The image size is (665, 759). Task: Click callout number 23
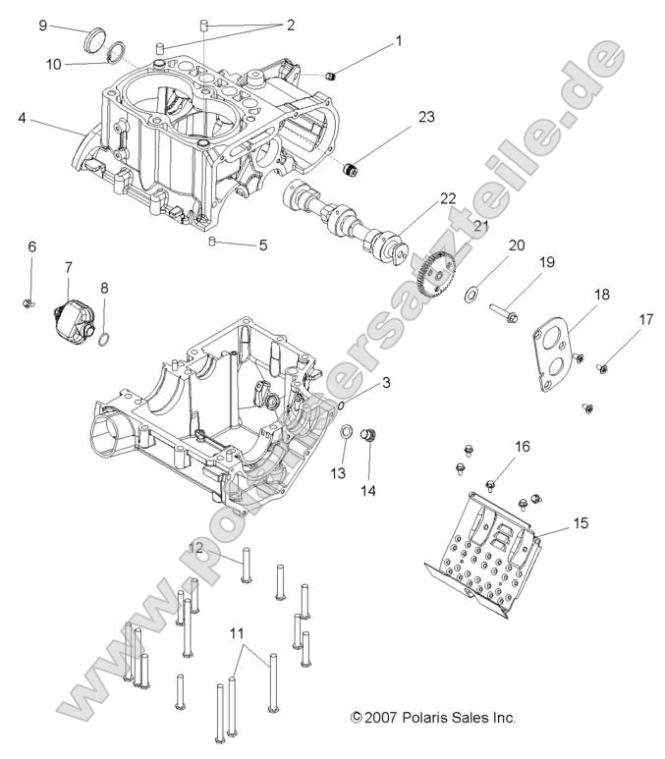[425, 117]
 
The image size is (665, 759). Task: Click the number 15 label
[581, 523]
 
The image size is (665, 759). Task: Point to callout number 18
[602, 294]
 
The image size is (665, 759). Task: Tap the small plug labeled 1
[331, 75]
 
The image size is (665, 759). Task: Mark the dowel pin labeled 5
[212, 241]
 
